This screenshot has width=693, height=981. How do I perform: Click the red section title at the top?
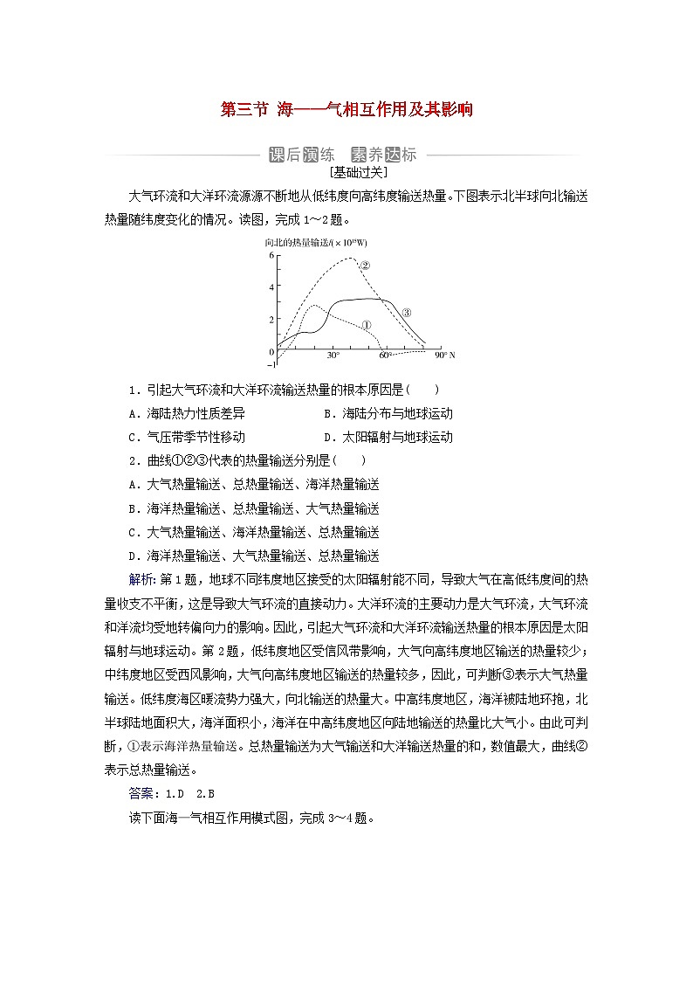click(x=346, y=109)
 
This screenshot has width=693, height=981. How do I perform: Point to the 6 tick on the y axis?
click(x=271, y=255)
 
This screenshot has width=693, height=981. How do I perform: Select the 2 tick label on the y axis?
click(x=271, y=320)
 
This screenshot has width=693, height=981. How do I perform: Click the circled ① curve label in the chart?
click(x=367, y=325)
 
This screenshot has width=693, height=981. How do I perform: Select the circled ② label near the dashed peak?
click(x=365, y=266)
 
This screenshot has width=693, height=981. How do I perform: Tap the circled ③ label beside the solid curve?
click(x=406, y=312)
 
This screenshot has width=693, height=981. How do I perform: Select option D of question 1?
click(x=388, y=437)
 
